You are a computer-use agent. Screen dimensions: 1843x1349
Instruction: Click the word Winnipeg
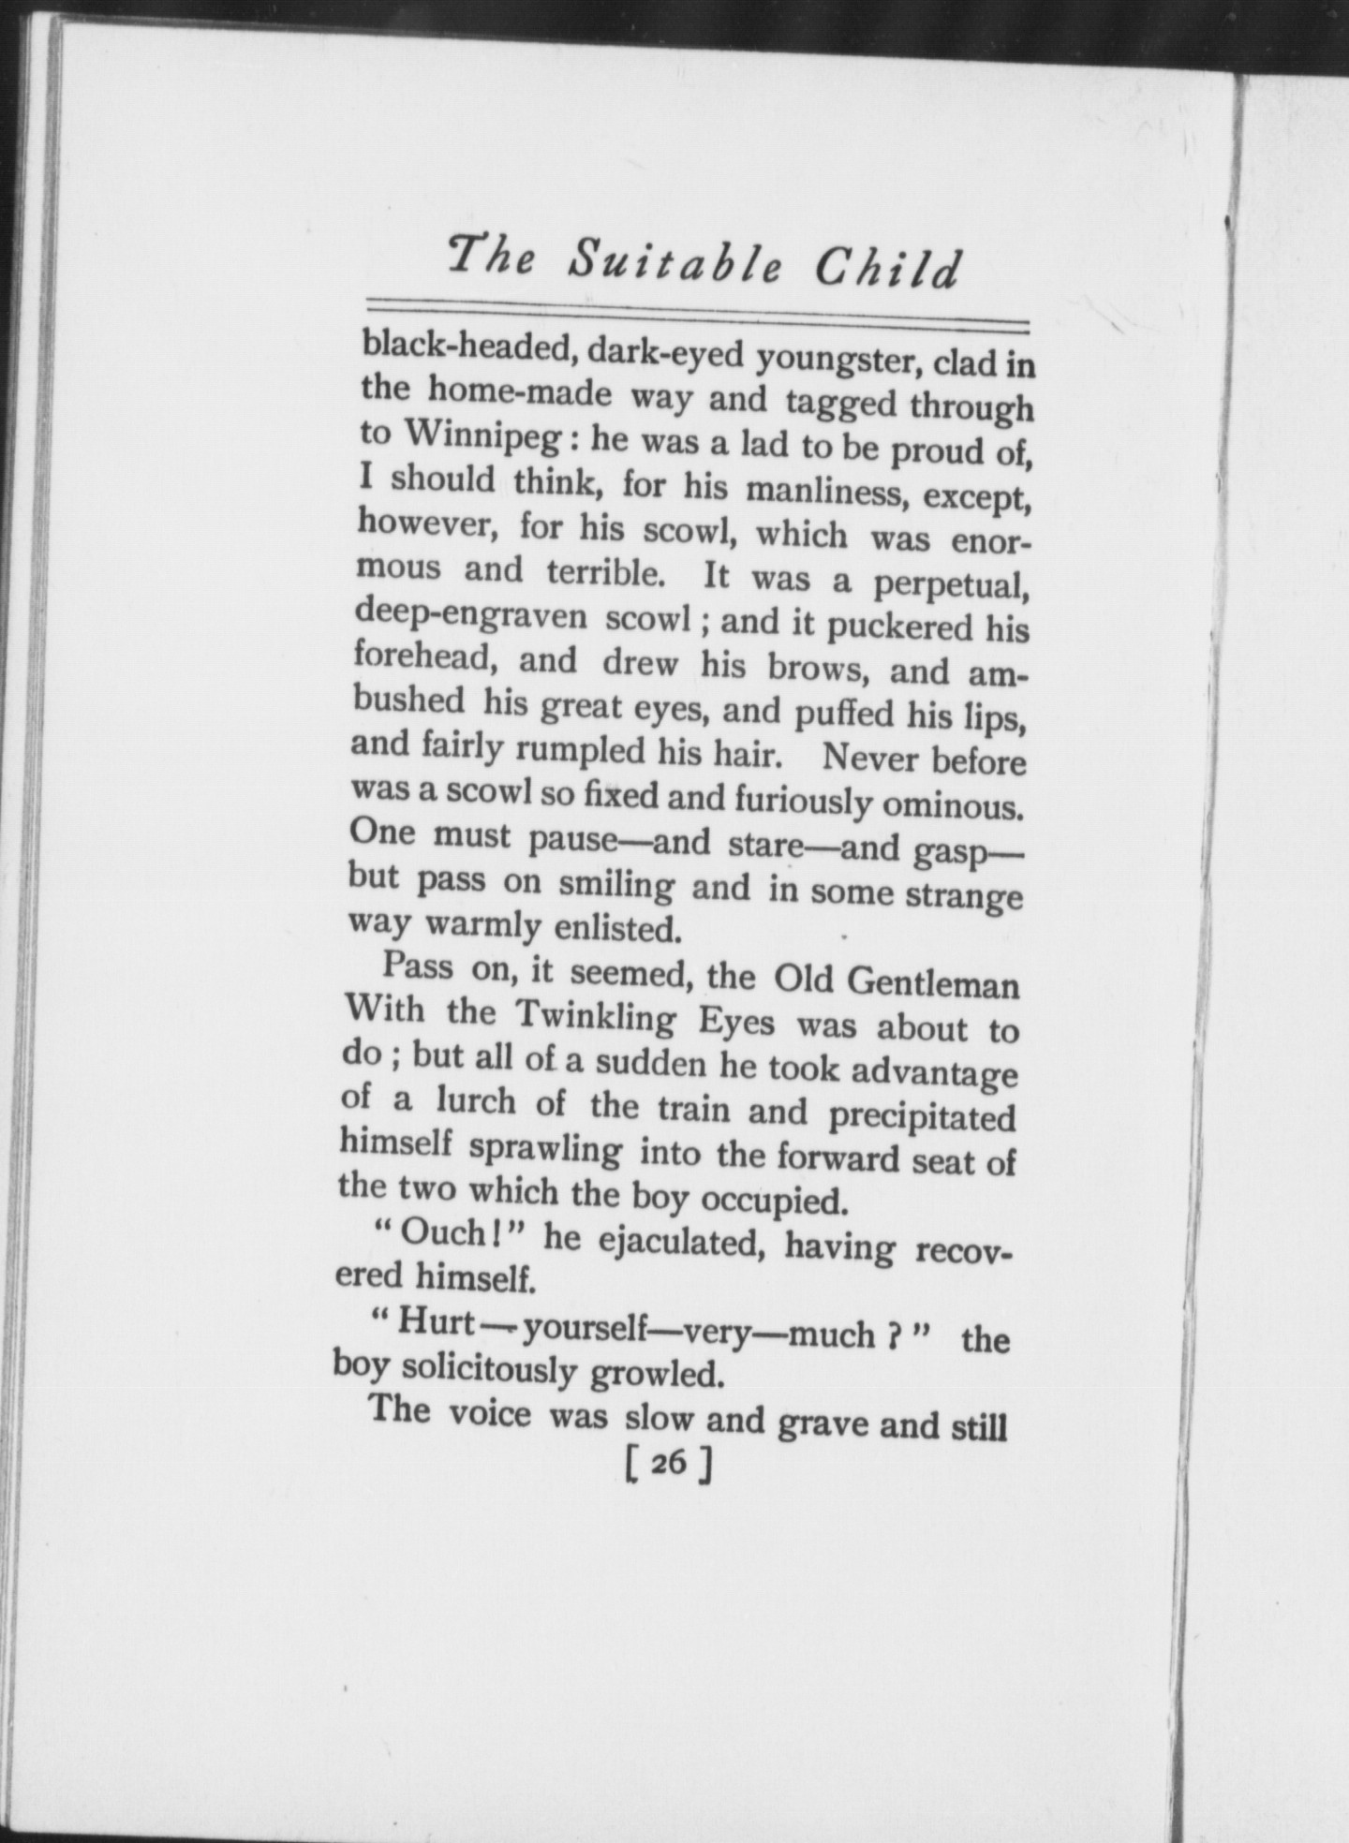(458, 436)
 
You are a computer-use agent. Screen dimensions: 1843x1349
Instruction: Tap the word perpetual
(952, 585)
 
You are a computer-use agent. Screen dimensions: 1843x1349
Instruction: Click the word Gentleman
(932, 984)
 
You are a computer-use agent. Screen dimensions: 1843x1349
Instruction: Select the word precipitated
(922, 1117)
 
